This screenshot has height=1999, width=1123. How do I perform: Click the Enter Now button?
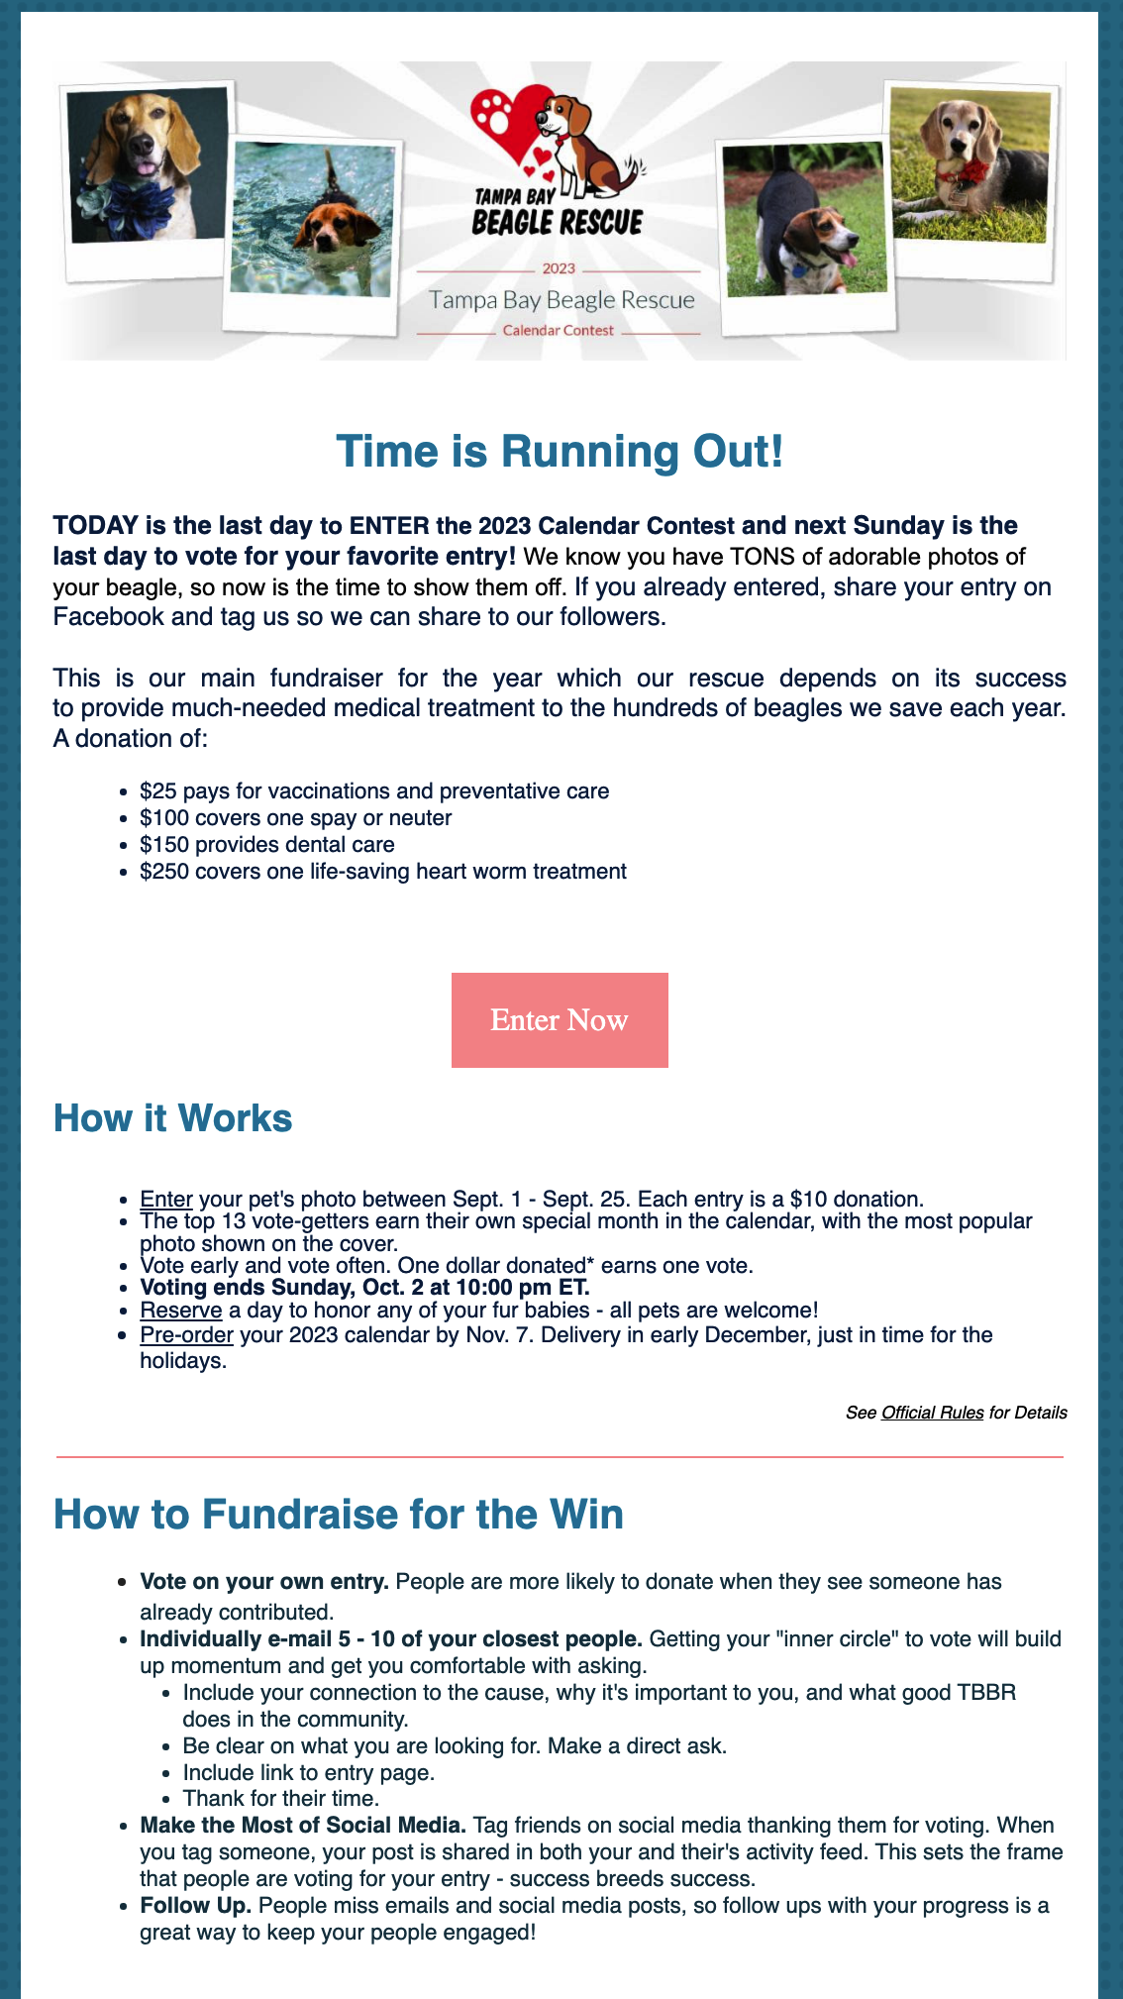click(560, 1019)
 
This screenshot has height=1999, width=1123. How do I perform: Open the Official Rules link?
click(932, 1413)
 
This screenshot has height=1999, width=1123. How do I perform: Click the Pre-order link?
click(186, 1334)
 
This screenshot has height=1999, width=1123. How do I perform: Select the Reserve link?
click(180, 1310)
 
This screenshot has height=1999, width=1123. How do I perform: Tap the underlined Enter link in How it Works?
click(165, 1199)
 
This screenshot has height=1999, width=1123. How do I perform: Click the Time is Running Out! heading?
click(560, 452)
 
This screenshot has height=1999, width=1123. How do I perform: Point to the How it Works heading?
click(172, 1117)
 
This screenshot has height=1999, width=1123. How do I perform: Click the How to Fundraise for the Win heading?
click(338, 1515)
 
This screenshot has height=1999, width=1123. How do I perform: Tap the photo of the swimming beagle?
click(313, 223)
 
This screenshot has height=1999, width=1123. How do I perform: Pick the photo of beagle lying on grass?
click(970, 166)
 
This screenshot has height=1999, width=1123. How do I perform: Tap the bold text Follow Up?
click(195, 1905)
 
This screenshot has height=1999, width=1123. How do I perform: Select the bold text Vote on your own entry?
click(263, 1581)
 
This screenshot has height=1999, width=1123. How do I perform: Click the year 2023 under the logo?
click(559, 268)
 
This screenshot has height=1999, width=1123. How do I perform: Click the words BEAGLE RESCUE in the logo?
click(558, 223)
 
